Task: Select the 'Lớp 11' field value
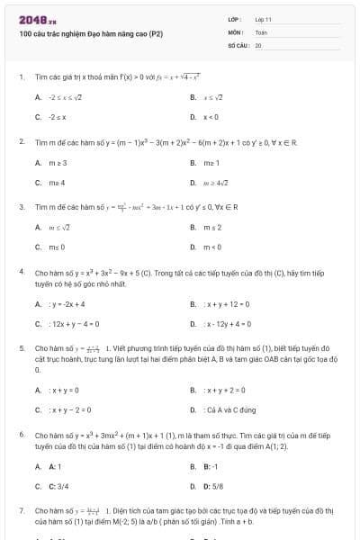point(263,19)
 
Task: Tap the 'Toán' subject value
point(261,31)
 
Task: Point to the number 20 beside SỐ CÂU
point(258,44)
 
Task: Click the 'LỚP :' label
point(236,19)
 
